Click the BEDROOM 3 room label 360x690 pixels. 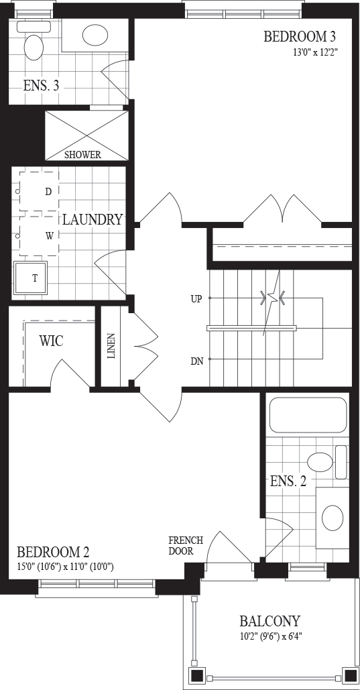[x=302, y=36]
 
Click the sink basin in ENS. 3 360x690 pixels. [x=95, y=34]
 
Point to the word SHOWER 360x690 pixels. [x=82, y=155]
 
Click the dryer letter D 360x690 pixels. [x=48, y=191]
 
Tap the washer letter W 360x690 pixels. [x=50, y=236]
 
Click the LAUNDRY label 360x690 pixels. [x=92, y=219]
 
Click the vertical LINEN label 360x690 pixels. [x=111, y=346]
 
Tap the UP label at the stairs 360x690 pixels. [x=196, y=299]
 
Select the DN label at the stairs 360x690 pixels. [x=196, y=361]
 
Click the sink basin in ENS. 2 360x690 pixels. [x=333, y=518]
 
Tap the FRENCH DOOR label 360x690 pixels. [x=186, y=546]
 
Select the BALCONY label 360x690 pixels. [x=269, y=621]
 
